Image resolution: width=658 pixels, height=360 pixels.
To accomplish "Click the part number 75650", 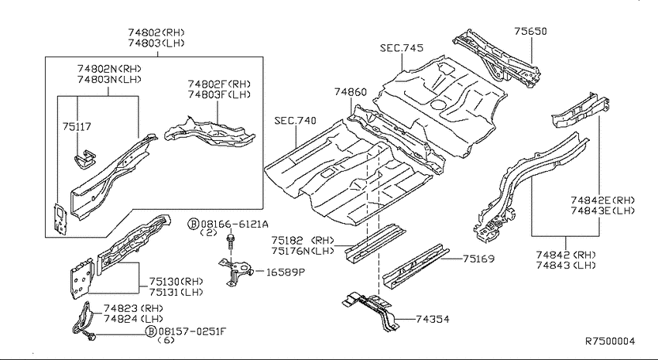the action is click(x=531, y=32).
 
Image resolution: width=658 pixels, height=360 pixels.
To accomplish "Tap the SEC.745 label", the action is click(x=402, y=48).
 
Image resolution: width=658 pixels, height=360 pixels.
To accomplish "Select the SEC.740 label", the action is click(x=296, y=121).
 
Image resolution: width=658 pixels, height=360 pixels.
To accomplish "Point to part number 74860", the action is click(x=351, y=92).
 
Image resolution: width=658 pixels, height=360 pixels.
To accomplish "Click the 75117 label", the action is click(x=77, y=126).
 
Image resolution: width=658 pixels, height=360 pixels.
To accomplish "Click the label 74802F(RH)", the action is click(x=219, y=84).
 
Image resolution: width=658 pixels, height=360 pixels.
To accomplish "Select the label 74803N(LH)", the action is click(x=109, y=79).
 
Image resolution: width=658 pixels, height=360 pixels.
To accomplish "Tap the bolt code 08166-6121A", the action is click(x=235, y=224).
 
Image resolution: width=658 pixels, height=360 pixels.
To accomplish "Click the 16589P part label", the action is click(x=286, y=273).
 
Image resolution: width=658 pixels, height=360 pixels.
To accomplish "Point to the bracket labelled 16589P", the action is click(x=235, y=272).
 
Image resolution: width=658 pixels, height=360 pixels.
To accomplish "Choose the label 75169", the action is click(x=478, y=259).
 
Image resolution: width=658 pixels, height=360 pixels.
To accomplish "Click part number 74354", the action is click(x=432, y=319).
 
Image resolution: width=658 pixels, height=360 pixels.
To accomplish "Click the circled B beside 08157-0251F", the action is click(x=151, y=331).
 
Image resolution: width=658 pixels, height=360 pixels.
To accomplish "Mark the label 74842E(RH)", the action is click(x=602, y=201).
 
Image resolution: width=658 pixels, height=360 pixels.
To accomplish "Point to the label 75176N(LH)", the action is click(x=303, y=252).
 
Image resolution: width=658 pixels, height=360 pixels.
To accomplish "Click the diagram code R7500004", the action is click(x=610, y=341).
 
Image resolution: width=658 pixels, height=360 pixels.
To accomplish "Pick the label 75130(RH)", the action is click(x=176, y=281).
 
